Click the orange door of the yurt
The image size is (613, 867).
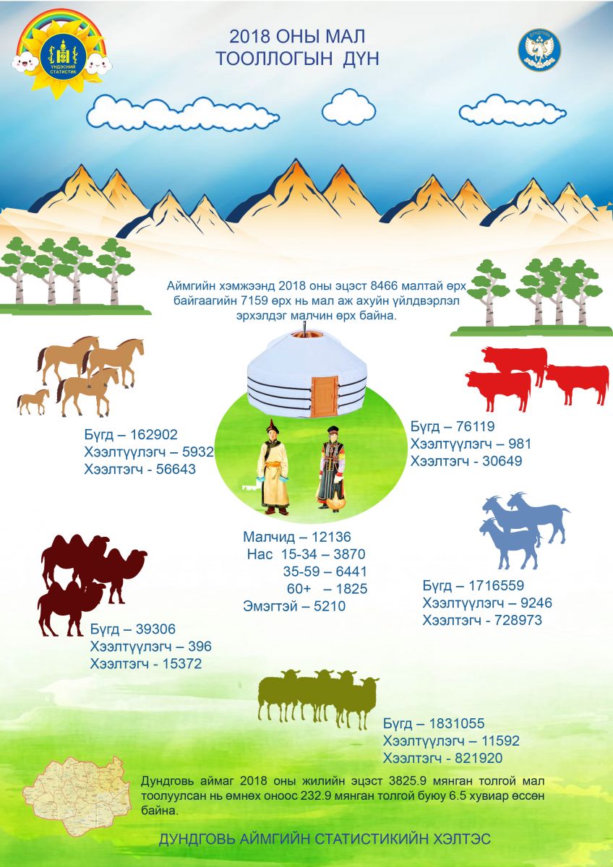point(325,396)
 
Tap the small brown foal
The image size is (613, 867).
point(33,402)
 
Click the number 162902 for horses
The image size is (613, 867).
point(154,435)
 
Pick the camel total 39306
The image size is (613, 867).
point(155,629)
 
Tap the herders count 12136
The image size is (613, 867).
point(332,537)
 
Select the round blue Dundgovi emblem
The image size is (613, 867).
point(539,50)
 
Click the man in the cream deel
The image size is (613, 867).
point(274,467)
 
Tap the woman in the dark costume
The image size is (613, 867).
point(330,469)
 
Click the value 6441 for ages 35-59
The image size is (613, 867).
point(351,571)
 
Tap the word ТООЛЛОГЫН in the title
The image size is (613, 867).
point(274,59)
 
